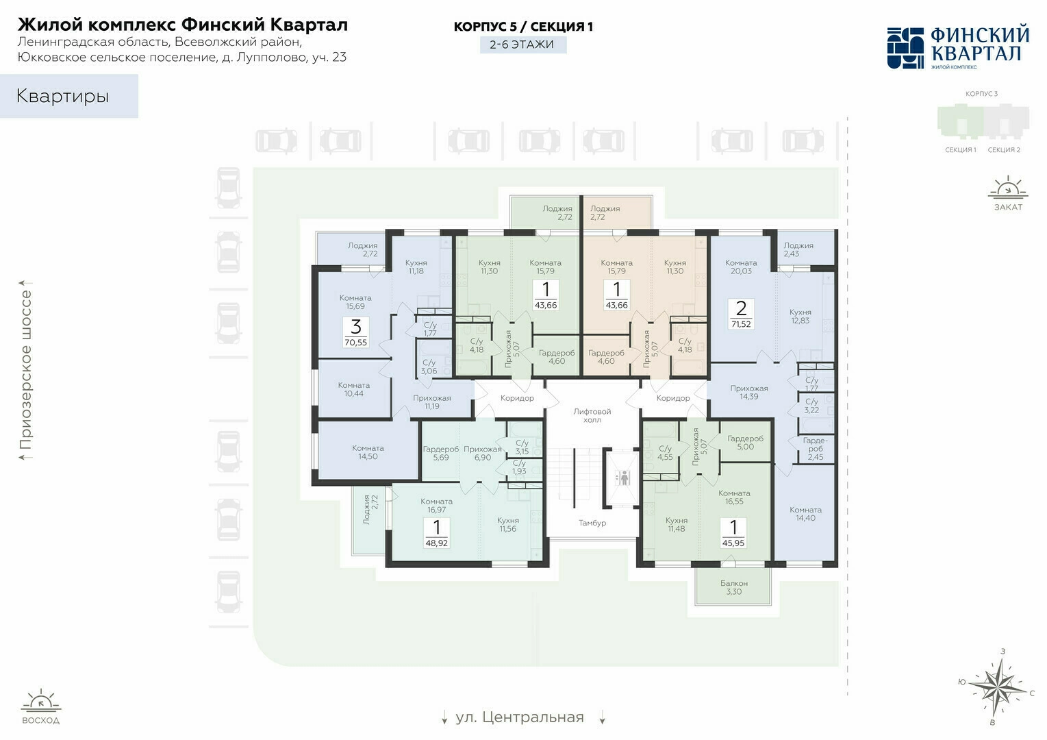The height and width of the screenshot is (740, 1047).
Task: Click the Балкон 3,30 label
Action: click(x=734, y=587)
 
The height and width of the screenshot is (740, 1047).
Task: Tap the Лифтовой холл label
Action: click(x=592, y=415)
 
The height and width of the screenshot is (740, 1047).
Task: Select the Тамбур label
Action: click(x=592, y=523)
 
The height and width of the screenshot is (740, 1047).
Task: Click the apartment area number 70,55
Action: click(x=355, y=343)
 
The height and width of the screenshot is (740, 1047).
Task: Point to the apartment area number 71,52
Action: click(x=742, y=323)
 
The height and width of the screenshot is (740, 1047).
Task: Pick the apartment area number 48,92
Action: click(x=437, y=543)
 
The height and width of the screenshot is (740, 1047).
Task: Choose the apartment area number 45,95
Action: click(x=733, y=543)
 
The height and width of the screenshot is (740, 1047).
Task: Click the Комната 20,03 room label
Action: click(x=741, y=267)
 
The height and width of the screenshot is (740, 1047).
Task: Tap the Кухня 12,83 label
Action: click(x=800, y=316)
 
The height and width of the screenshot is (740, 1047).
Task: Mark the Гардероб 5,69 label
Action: click(x=441, y=454)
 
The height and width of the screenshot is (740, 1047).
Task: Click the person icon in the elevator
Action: click(x=623, y=478)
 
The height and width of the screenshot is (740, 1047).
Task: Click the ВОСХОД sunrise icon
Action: click(x=40, y=700)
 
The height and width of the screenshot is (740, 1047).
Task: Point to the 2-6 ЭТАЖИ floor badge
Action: click(x=523, y=45)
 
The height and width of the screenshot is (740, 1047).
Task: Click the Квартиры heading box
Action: click(x=69, y=96)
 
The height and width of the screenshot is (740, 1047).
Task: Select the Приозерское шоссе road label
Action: click(x=26, y=369)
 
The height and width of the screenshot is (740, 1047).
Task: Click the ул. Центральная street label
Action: click(x=520, y=717)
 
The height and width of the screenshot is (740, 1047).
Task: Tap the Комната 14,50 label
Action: click(x=368, y=452)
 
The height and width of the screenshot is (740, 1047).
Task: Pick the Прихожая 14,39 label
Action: click(x=749, y=392)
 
